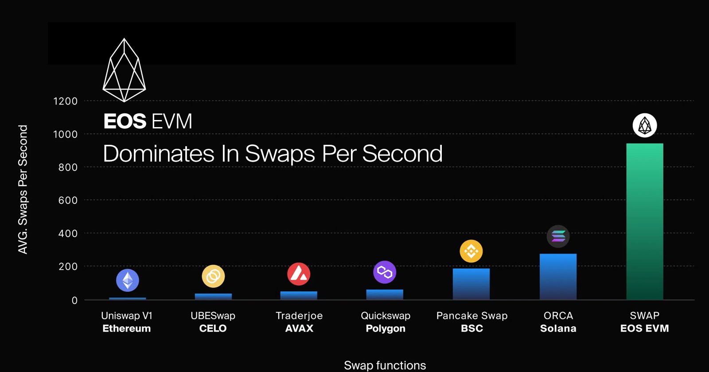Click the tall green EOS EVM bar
[644, 221]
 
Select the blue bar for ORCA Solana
[558, 277]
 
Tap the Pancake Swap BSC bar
[471, 284]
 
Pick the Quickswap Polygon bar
[385, 294]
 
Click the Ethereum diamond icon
[128, 280]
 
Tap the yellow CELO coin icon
[213, 276]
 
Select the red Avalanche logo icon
[299, 274]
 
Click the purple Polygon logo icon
[385, 272]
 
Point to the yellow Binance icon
[471, 251]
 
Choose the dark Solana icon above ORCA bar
[558, 236]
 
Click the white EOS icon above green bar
[645, 125]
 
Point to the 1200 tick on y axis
[65, 101]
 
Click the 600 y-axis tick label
[68, 200]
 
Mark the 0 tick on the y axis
[74, 300]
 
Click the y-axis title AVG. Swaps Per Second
[23, 190]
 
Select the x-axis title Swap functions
[385, 365]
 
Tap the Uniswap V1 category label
[127, 316]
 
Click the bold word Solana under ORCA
[558, 329]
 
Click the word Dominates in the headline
[159, 154]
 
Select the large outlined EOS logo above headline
[124, 71]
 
